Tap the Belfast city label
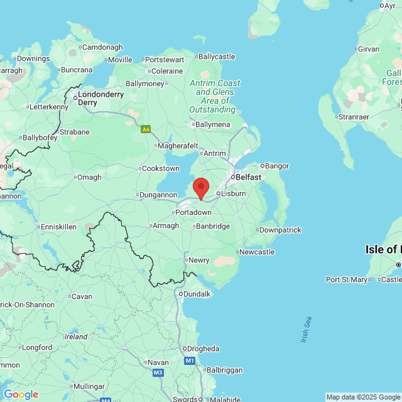coord(248,177)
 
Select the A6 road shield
coord(146,129)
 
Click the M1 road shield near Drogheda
coord(190,361)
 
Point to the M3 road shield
coord(158,373)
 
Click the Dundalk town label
coord(196,293)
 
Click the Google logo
coord(21,394)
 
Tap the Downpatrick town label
coord(280,230)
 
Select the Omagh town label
coord(89,177)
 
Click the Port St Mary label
coord(347,280)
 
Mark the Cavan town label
coord(82,296)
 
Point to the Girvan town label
coord(368,48)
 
